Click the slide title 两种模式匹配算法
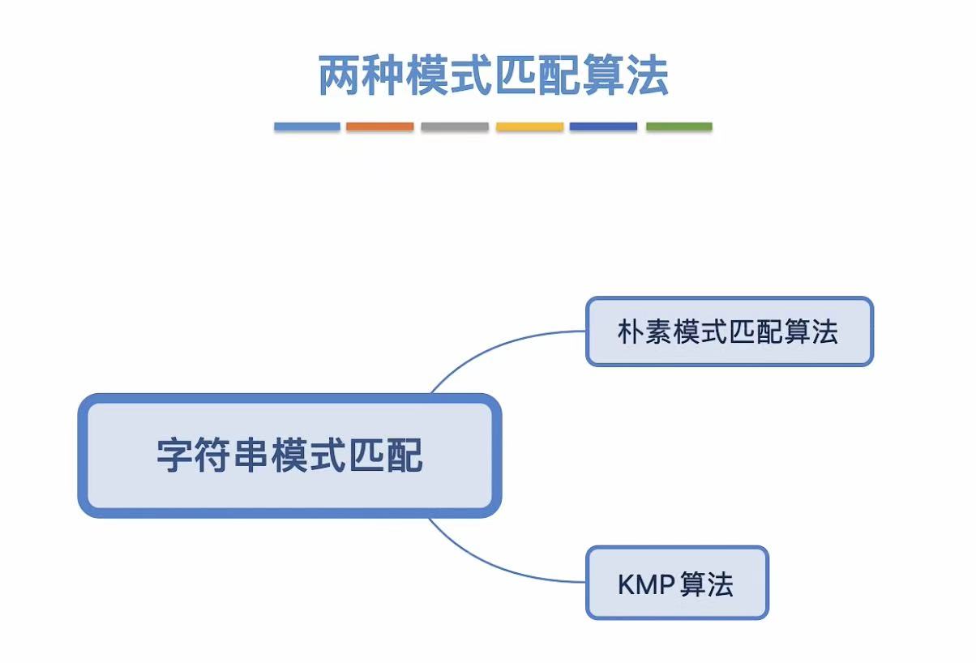[x=493, y=75]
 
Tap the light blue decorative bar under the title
[x=306, y=126]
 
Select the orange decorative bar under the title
[x=379, y=126]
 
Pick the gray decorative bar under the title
[x=455, y=126]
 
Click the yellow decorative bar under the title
[x=529, y=126]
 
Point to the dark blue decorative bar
[x=603, y=126]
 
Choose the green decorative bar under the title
[x=678, y=126]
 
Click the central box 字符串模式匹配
[x=289, y=456]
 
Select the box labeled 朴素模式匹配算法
[x=729, y=331]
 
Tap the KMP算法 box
[x=676, y=584]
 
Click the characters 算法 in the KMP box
[x=707, y=584]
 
